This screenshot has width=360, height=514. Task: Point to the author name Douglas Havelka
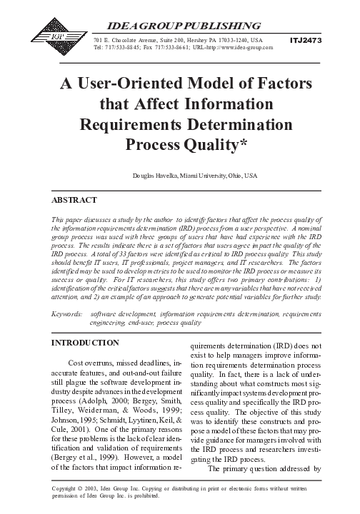(154, 176)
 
